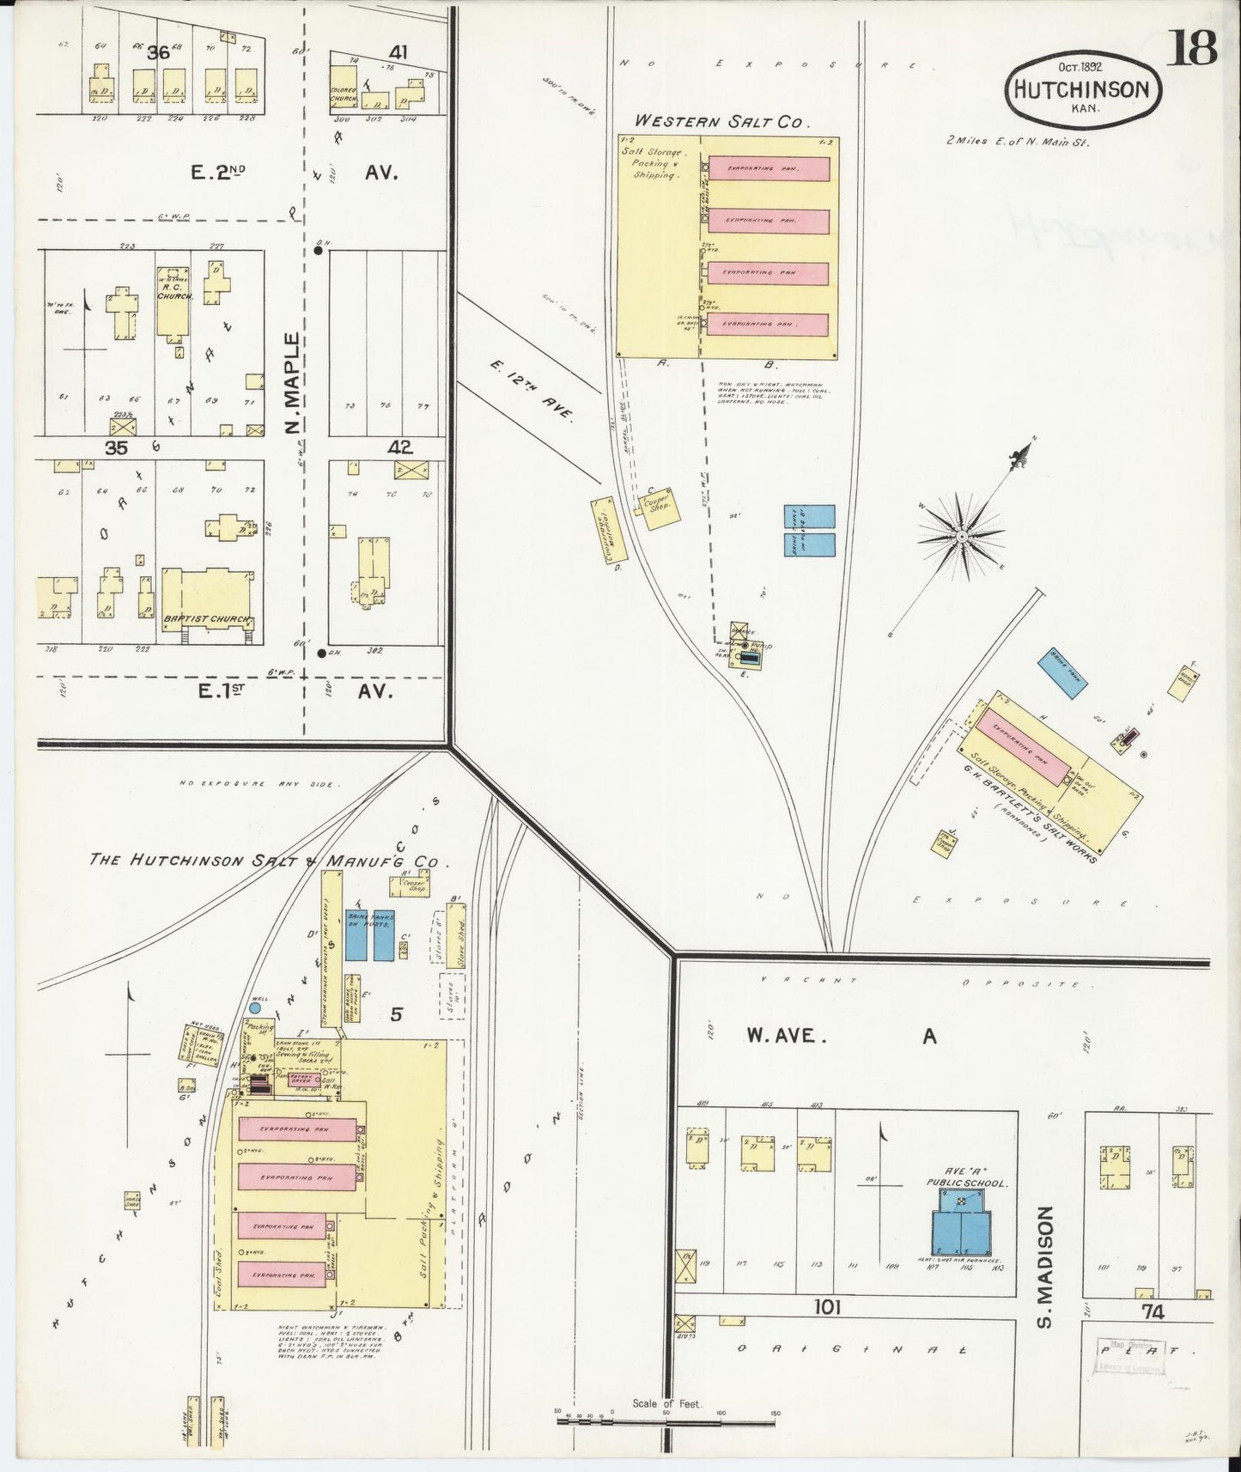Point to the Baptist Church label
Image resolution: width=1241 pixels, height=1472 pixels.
207,619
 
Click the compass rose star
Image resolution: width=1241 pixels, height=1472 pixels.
962,537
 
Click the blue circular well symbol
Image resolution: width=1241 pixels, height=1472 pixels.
255,1006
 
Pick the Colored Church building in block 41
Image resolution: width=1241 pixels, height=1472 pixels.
344,94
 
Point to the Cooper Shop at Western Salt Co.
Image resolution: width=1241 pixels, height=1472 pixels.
661,508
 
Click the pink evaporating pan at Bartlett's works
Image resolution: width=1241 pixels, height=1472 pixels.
1021,748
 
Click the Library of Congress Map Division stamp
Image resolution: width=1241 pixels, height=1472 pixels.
1128,1354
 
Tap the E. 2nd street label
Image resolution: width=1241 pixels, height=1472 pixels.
218,173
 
